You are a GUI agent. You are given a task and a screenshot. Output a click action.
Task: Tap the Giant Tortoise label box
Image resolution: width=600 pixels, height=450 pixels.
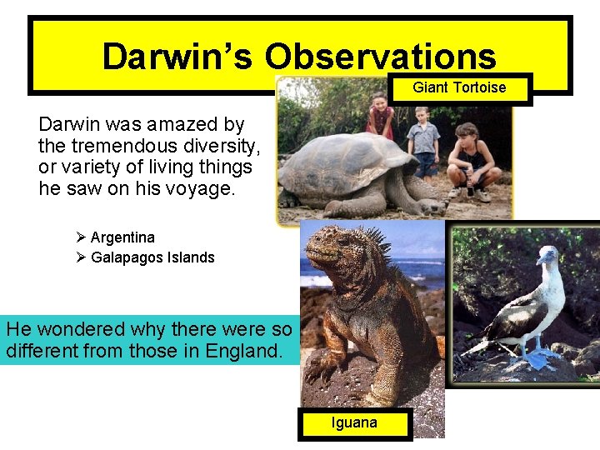point(459,87)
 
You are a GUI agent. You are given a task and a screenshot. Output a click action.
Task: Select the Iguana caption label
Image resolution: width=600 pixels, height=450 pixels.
point(354,422)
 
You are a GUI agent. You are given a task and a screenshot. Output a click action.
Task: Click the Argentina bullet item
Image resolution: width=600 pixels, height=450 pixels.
point(122,237)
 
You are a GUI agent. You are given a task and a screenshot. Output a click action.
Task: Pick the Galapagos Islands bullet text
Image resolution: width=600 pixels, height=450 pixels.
point(152,257)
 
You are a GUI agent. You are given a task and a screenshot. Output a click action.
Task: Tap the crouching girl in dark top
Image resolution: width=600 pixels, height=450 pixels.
point(473,158)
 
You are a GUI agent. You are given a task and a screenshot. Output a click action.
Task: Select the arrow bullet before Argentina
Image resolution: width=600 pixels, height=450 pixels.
point(81,237)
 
